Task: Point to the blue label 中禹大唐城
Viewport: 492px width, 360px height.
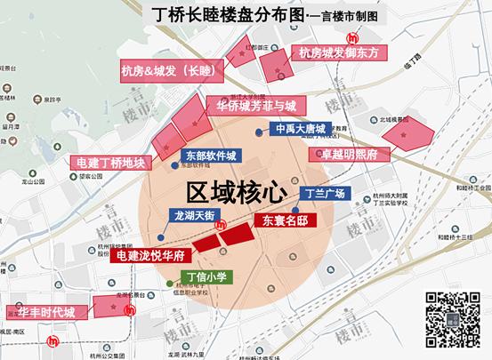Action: [x=303, y=128]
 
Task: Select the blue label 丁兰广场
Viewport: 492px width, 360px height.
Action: [x=324, y=193]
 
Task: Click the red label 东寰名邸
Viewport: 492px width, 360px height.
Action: [x=286, y=219]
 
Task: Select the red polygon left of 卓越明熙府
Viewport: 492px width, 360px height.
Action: [x=407, y=134]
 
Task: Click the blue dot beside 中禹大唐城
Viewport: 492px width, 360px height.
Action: [x=259, y=132]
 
